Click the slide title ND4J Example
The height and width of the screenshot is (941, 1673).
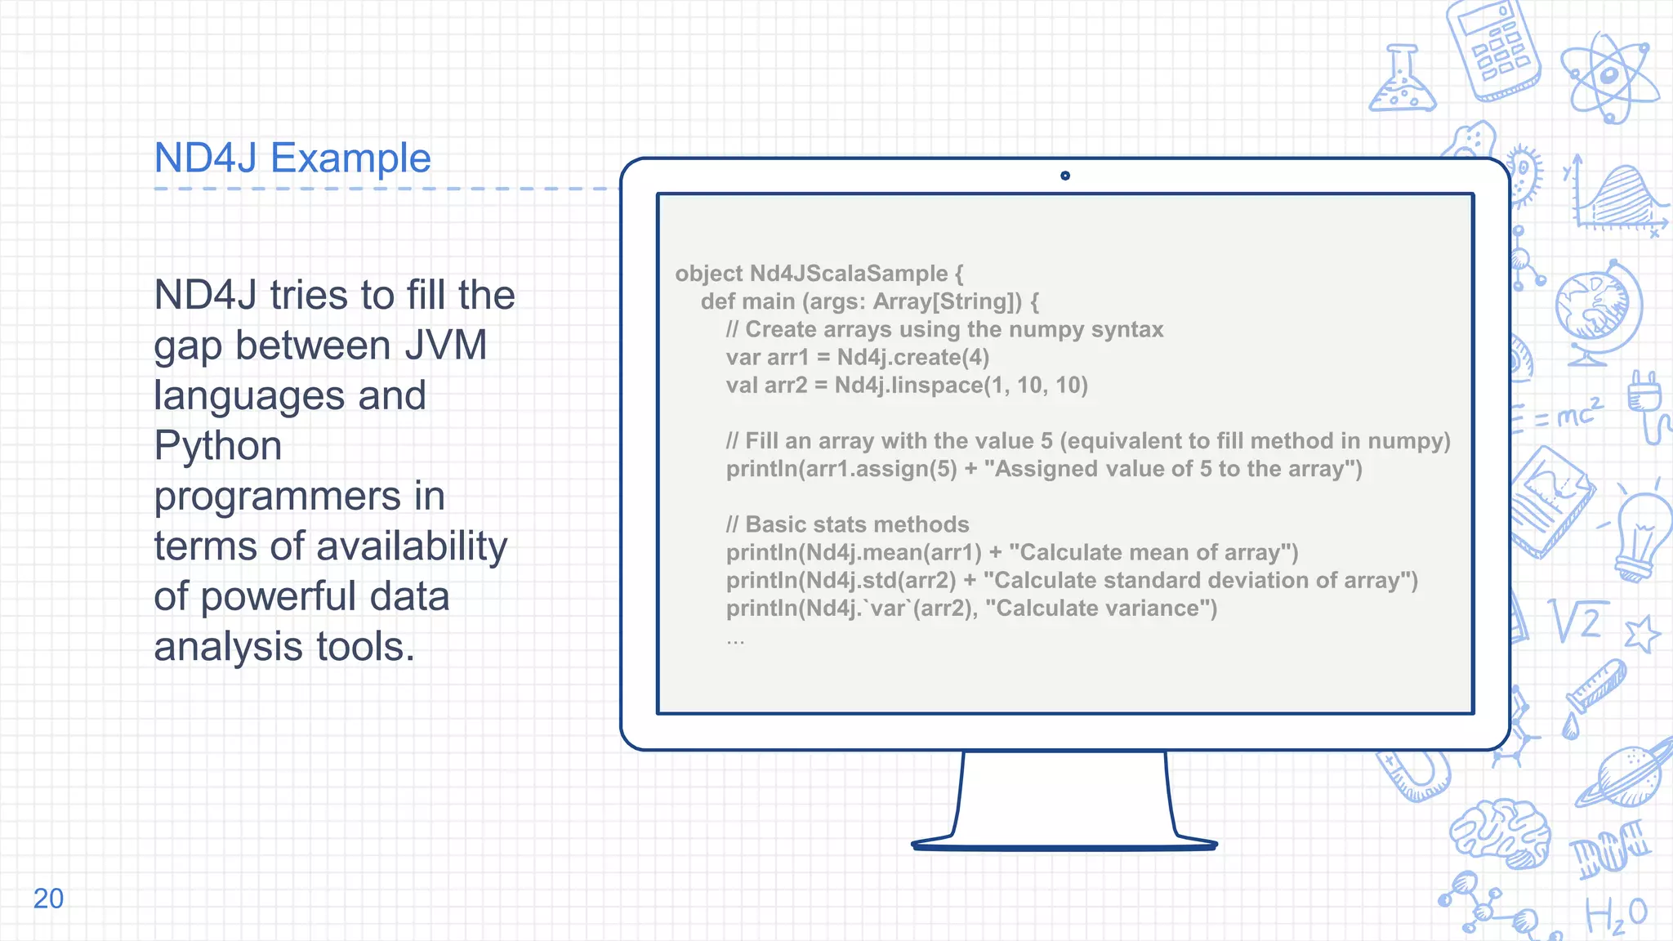click(292, 158)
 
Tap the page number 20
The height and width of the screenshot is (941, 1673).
click(48, 899)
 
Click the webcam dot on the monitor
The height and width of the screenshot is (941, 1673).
click(1064, 176)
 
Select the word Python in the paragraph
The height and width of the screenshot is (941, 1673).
click(218, 446)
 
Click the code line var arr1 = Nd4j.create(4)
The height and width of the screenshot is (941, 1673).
click(857, 358)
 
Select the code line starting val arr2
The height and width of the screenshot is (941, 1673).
click(906, 386)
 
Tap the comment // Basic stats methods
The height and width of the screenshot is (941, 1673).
click(847, 524)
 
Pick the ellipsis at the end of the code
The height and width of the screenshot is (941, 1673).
click(735, 642)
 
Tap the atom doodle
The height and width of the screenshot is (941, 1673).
click(1608, 77)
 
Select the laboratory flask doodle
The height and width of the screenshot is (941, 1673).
click(1402, 81)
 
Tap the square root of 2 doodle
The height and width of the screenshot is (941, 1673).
click(1577, 622)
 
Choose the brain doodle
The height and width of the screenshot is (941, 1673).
click(1501, 832)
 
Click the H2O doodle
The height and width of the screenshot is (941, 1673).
click(1615, 916)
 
